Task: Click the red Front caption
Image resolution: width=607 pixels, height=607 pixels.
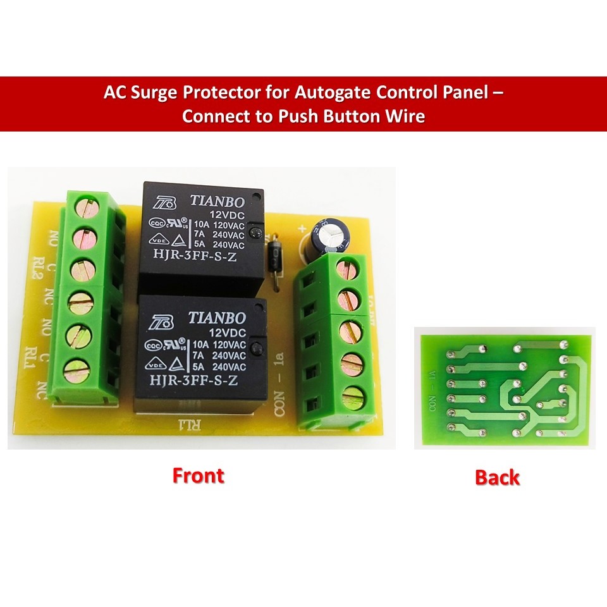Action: click(198, 475)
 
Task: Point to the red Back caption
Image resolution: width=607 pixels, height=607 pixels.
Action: click(497, 477)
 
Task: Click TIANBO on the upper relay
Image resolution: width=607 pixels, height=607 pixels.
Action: click(217, 201)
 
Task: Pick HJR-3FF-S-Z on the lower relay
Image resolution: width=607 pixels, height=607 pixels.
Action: click(193, 381)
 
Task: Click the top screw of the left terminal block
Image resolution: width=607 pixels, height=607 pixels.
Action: click(85, 207)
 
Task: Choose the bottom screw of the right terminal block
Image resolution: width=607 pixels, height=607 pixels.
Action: click(352, 398)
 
